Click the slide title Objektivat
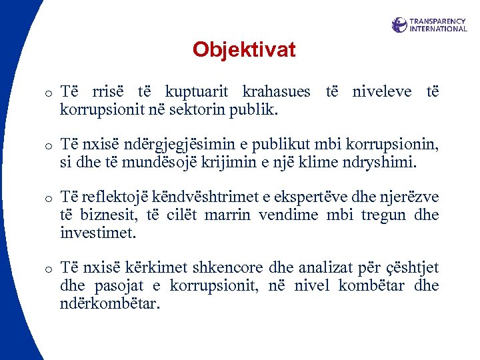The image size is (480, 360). click(243, 49)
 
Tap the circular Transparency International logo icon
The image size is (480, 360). click(399, 25)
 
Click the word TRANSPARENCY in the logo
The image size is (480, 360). click(437, 21)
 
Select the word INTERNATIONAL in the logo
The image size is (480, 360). click(438, 29)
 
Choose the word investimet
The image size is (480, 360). click(97, 233)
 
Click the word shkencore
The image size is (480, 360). click(229, 268)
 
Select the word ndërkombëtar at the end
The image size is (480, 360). click(109, 303)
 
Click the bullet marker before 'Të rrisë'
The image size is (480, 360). click(49, 93)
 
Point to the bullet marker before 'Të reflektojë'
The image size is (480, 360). click(49, 199)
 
